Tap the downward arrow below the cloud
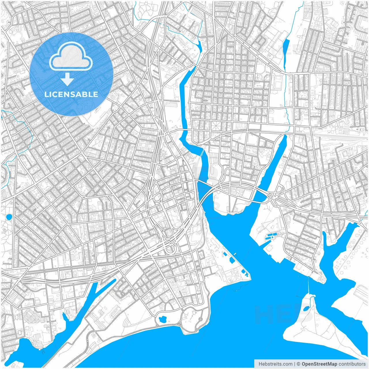67,79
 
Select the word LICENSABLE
71,94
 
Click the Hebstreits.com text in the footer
275,364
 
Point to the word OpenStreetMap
319,364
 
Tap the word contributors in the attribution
352,364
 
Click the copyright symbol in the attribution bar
299,364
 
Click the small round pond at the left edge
9,216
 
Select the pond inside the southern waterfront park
163,319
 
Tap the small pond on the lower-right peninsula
306,309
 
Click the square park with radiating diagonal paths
216,125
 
